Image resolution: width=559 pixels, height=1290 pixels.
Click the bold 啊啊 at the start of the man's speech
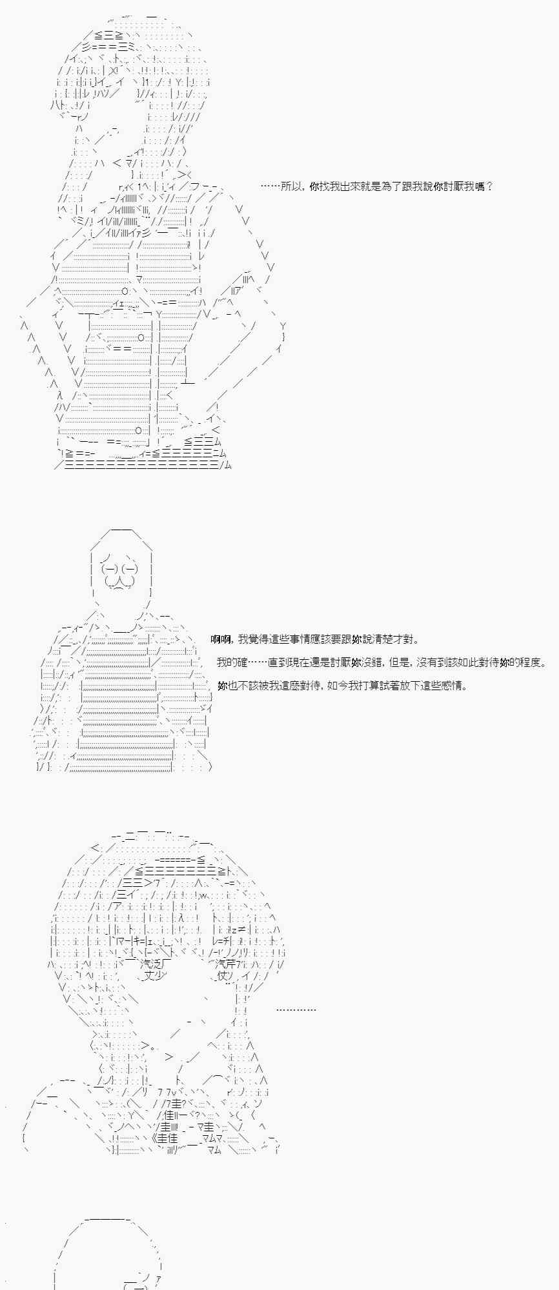tap(220, 639)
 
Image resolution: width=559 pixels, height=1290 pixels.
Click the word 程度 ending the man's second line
tap(531, 662)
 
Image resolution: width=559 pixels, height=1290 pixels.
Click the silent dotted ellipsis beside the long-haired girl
tap(296, 1009)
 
